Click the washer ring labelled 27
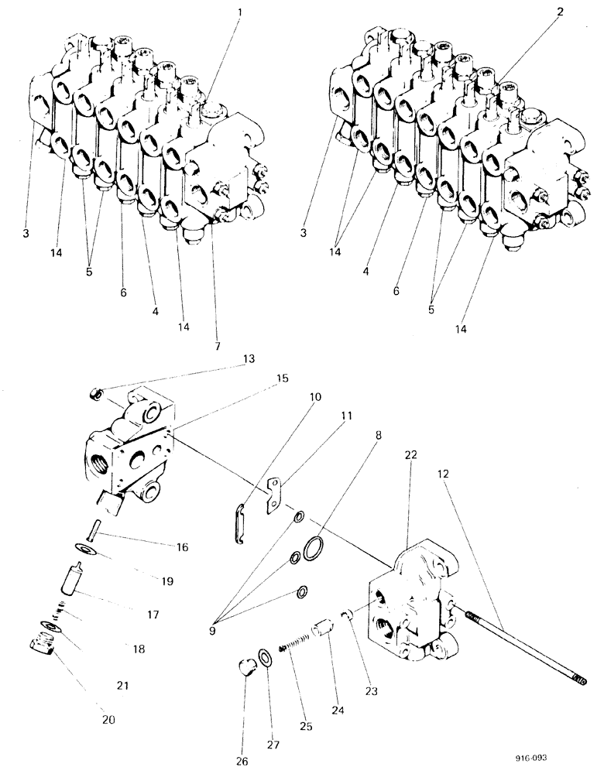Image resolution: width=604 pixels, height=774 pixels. tap(266, 659)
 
